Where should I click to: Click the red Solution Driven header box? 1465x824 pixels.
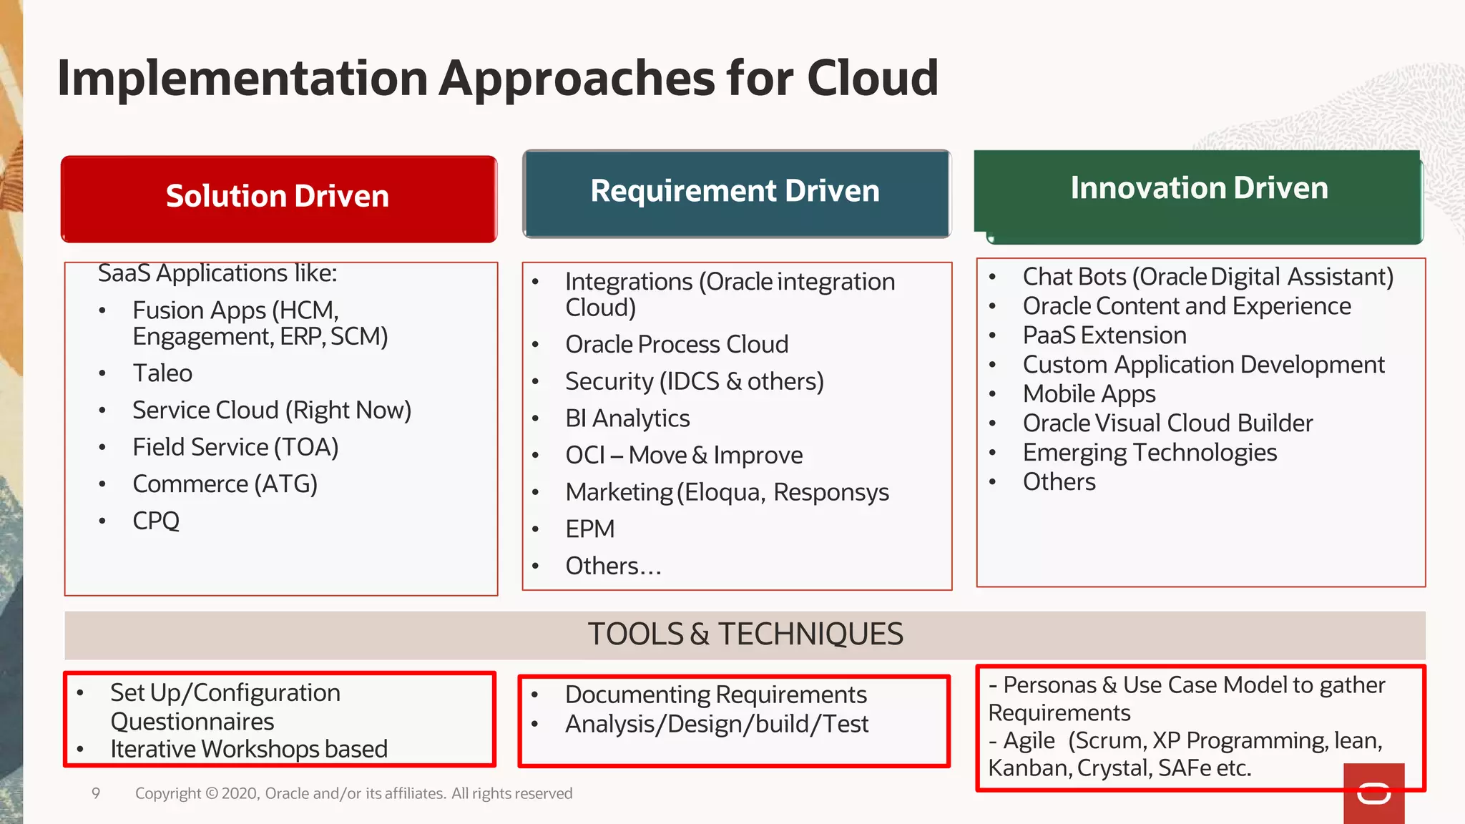pyautogui.click(x=278, y=198)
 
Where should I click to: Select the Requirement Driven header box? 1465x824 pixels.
pyautogui.click(x=736, y=193)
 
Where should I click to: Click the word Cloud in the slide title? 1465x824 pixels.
pyautogui.click(x=872, y=78)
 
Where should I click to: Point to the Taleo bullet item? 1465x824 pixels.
pyautogui.click(x=162, y=373)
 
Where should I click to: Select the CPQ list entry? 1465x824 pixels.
pyautogui.click(x=156, y=521)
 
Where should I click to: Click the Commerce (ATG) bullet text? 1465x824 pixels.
pyautogui.click(x=225, y=484)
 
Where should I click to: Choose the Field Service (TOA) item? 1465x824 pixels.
pyautogui.click(x=235, y=447)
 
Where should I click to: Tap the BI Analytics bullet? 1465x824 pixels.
pyautogui.click(x=627, y=418)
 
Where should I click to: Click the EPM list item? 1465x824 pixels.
pyautogui.click(x=589, y=529)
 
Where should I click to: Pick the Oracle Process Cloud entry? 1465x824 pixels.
pyautogui.click(x=676, y=345)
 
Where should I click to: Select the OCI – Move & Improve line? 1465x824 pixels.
pyautogui.click(x=683, y=456)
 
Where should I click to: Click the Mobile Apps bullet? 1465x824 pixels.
pyautogui.click(x=1089, y=394)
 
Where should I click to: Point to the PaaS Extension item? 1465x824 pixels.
pyautogui.click(x=1104, y=335)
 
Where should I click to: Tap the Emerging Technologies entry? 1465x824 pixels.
pyautogui.click(x=1150, y=453)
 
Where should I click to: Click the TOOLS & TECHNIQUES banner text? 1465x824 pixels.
pyautogui.click(x=745, y=634)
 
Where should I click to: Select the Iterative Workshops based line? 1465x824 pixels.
pyautogui.click(x=248, y=749)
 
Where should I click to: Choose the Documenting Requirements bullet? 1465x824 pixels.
pyautogui.click(x=715, y=695)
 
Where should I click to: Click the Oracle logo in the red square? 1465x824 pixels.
pyautogui.click(x=1373, y=793)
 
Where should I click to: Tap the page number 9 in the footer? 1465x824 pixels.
pyautogui.click(x=96, y=793)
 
